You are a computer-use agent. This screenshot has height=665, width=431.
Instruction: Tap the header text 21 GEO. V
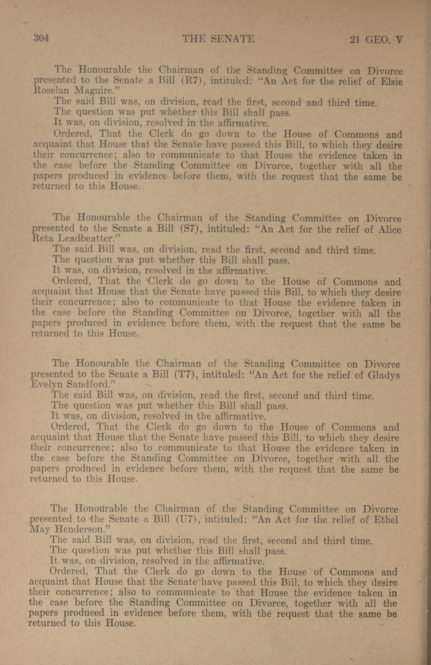pos(376,40)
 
